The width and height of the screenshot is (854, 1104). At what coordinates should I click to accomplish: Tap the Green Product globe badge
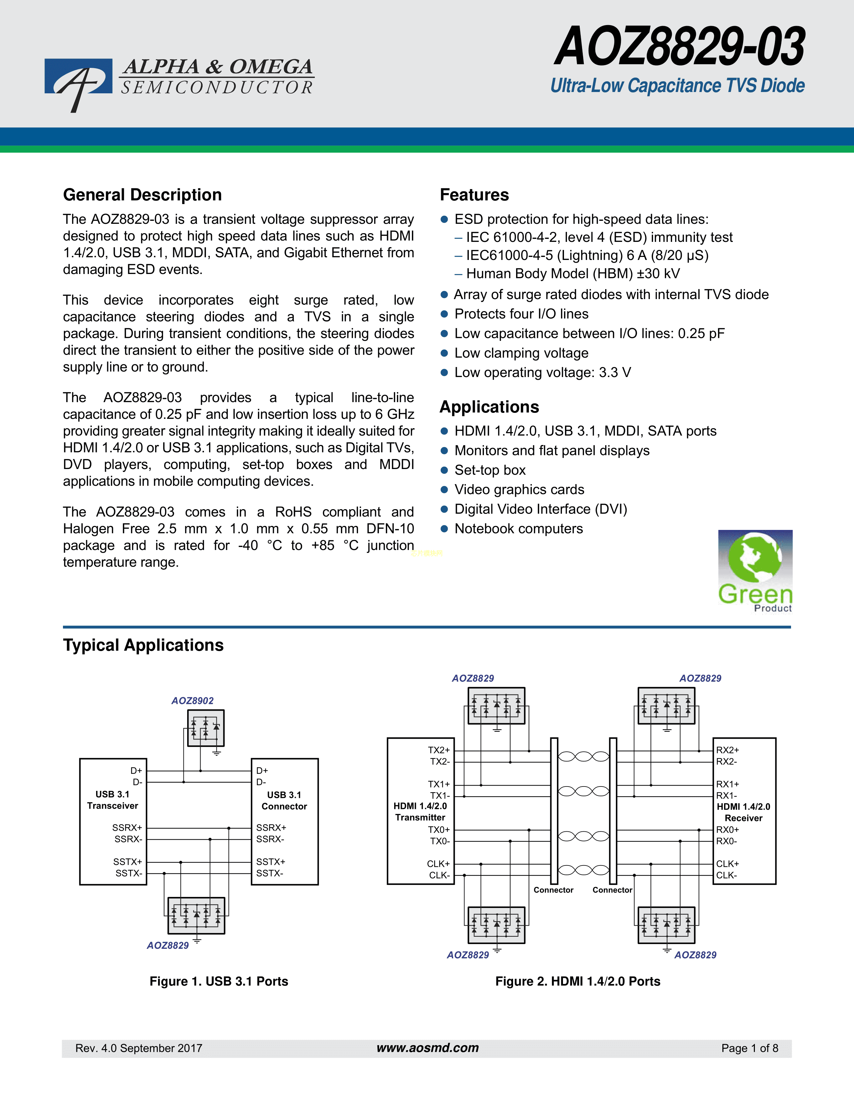pyautogui.click(x=755, y=570)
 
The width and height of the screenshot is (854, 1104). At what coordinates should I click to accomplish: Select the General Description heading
pyautogui.click(x=142, y=195)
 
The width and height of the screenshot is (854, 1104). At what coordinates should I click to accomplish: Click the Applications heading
pyautogui.click(x=489, y=407)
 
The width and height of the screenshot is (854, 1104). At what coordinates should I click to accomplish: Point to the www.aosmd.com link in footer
pyautogui.click(x=428, y=1048)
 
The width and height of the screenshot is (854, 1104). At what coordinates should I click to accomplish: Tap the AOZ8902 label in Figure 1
pyautogui.click(x=192, y=701)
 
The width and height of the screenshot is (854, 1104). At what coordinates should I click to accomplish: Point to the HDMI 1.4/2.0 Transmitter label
pyautogui.click(x=420, y=811)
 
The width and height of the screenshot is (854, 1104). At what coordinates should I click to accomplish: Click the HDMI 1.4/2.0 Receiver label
pyautogui.click(x=743, y=812)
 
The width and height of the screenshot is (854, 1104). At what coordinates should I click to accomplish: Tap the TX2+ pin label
pyautogui.click(x=439, y=750)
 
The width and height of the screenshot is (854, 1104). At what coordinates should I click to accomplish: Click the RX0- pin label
pyautogui.click(x=726, y=841)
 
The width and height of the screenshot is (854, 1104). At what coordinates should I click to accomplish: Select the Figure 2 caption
pyautogui.click(x=578, y=981)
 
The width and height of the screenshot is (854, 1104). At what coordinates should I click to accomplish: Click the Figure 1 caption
pyautogui.click(x=219, y=981)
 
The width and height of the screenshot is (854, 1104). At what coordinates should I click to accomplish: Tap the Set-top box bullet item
pyautogui.click(x=490, y=470)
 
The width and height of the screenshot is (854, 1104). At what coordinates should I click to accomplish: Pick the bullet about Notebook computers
pyautogui.click(x=518, y=529)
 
